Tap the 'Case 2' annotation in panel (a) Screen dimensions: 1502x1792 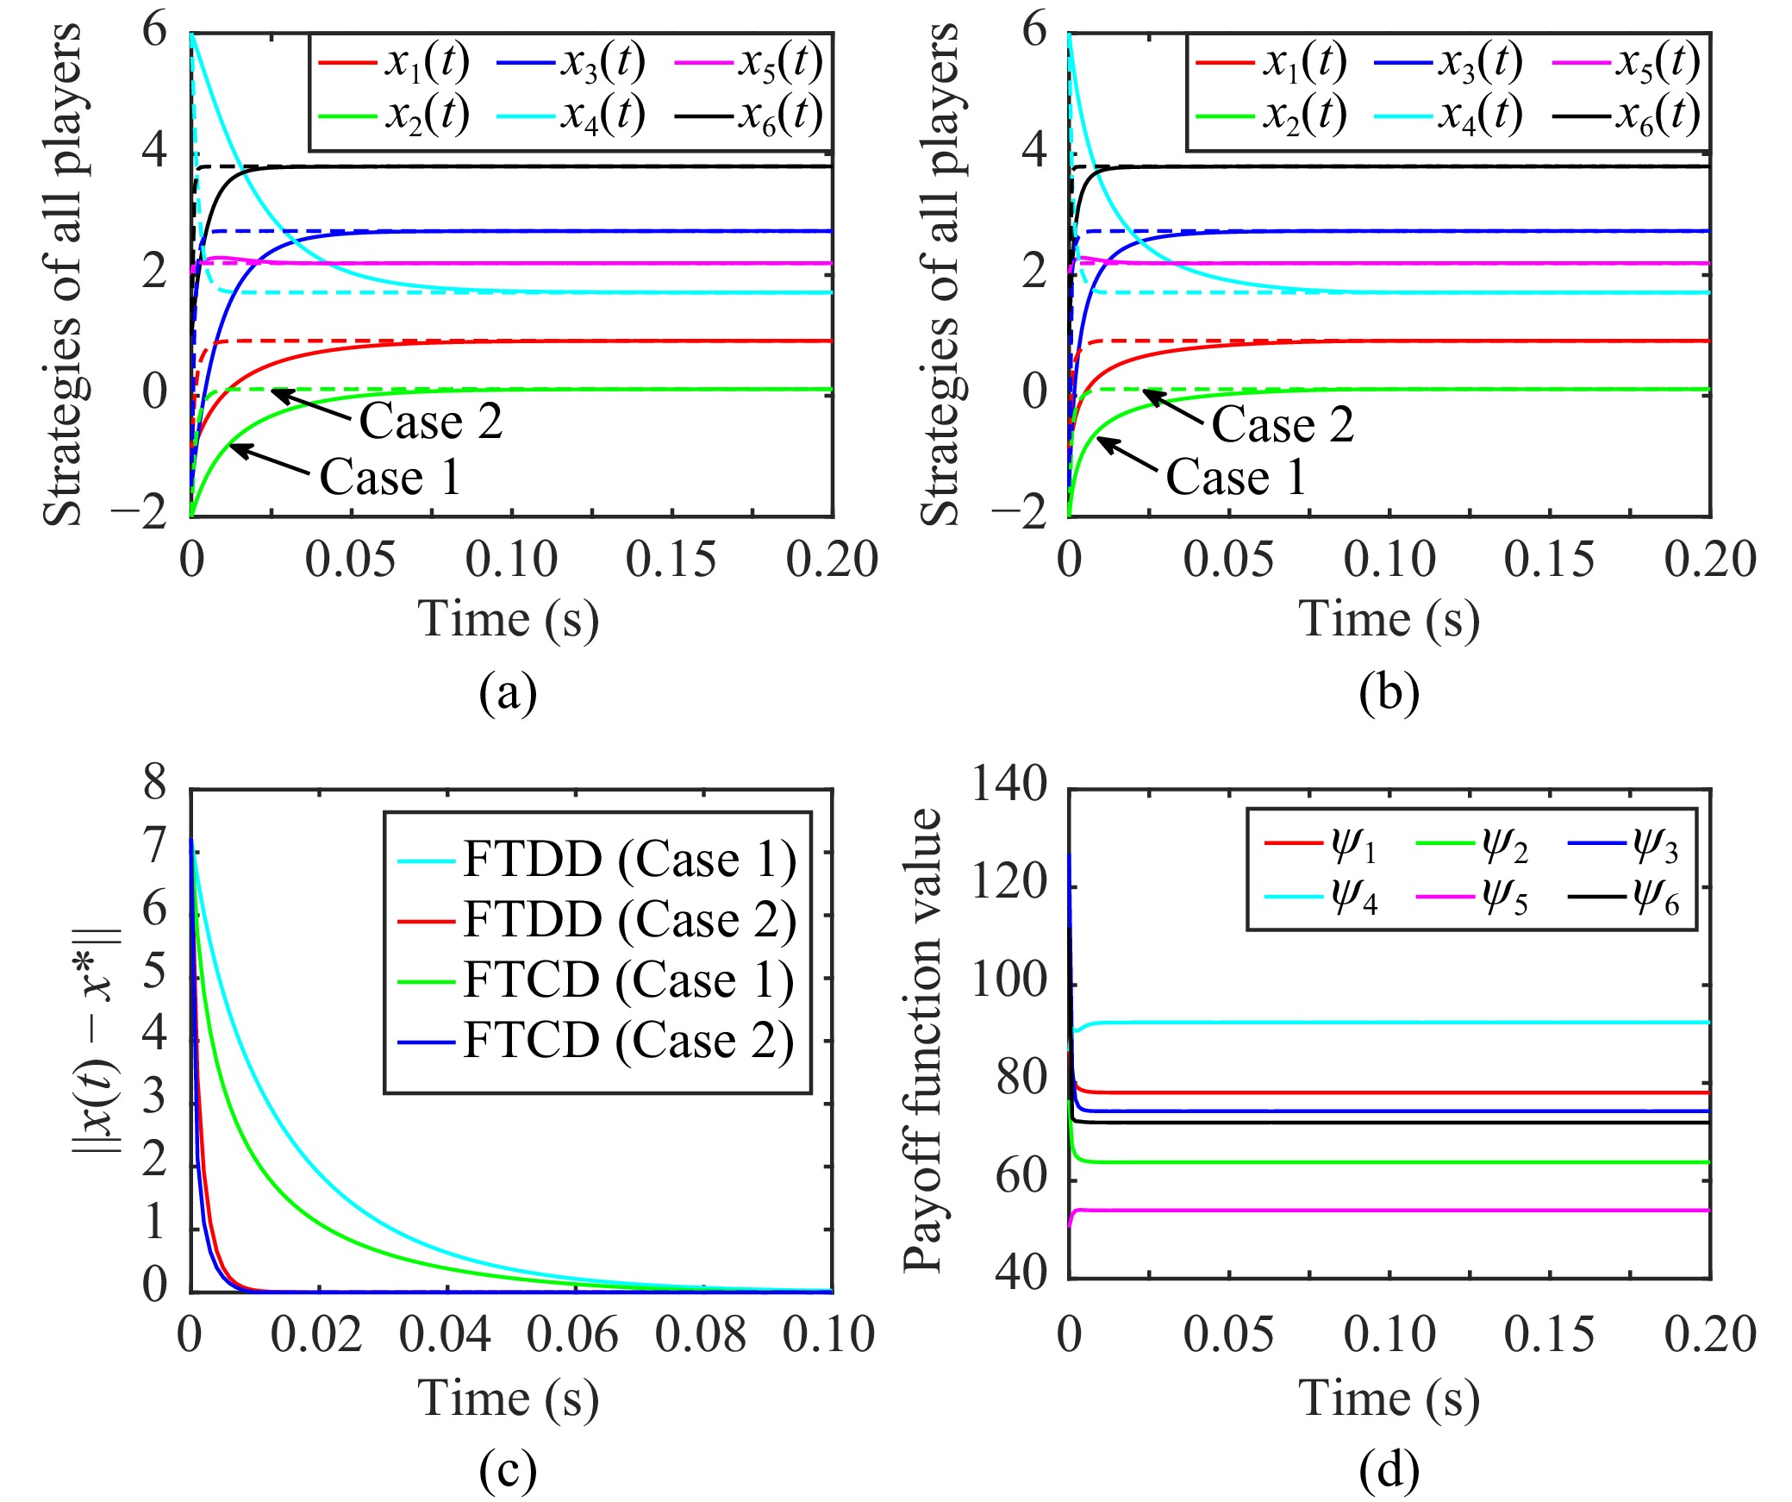point(430,422)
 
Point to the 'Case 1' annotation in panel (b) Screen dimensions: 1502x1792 point(1236,477)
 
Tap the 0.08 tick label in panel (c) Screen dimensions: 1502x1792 point(700,1334)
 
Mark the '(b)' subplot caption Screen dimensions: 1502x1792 point(1389,692)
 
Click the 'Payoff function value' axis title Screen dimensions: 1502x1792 point(923,1040)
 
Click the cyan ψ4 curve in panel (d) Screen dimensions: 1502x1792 point(1379,1023)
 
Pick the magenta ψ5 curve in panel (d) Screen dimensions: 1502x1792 point(1379,1211)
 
